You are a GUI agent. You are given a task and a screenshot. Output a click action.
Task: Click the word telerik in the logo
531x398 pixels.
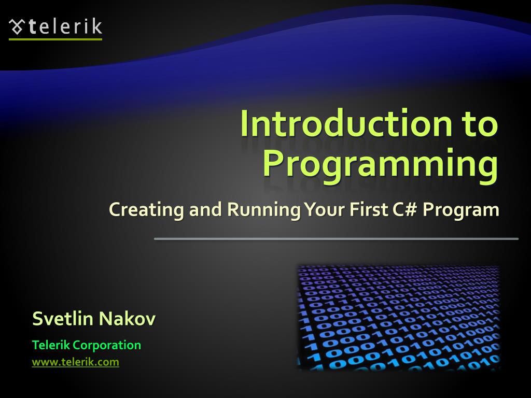pos(65,26)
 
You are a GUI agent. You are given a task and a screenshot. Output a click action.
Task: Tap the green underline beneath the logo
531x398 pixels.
pos(55,39)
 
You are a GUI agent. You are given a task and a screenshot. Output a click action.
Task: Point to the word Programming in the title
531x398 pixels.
pos(380,163)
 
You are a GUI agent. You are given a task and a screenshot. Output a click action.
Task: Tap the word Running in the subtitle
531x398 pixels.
pos(263,210)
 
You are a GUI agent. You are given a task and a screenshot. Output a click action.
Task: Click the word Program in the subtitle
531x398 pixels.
pos(461,210)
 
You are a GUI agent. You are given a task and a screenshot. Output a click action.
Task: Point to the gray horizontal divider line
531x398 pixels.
pos(336,239)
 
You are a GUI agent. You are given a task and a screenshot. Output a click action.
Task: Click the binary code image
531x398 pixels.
pos(398,317)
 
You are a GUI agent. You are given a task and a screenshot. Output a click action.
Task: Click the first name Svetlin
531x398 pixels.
pos(63,319)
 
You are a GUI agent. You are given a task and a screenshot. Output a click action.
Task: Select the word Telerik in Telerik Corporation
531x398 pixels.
pos(51,345)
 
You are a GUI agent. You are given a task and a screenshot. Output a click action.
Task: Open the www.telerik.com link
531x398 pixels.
pos(75,362)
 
